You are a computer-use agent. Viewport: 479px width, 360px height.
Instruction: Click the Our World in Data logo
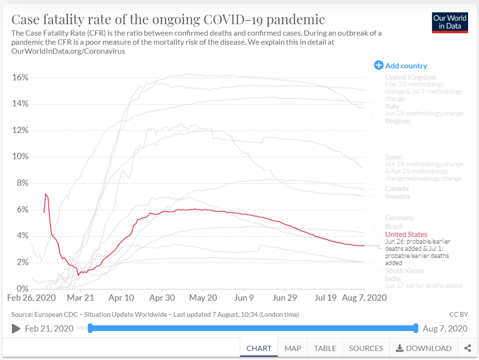(450, 22)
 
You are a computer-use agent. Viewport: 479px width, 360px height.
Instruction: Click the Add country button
(401, 66)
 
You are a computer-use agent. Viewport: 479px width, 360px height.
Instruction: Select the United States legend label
(406, 234)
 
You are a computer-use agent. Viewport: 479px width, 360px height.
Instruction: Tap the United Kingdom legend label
(410, 77)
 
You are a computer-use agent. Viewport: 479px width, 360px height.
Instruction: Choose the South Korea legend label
(404, 271)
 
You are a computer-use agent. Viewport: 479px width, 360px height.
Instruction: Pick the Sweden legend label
(397, 197)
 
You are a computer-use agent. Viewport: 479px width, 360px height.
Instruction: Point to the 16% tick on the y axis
(20, 77)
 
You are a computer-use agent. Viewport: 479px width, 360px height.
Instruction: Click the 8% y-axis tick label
(22, 183)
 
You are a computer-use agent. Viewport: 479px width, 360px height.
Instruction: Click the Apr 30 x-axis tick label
(162, 298)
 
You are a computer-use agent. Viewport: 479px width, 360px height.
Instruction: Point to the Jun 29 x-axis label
(284, 298)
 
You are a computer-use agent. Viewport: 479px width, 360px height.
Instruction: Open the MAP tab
(293, 348)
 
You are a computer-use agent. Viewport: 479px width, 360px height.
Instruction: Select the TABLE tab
(325, 348)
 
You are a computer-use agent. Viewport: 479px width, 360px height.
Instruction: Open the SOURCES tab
(366, 348)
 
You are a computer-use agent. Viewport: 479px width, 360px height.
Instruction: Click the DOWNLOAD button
(423, 348)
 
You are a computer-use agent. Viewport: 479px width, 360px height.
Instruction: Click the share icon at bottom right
(468, 348)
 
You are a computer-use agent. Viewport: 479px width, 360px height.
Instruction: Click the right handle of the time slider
(416, 328)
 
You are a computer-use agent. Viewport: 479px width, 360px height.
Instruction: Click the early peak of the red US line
(46, 194)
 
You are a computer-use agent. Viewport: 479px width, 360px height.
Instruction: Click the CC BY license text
(458, 314)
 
